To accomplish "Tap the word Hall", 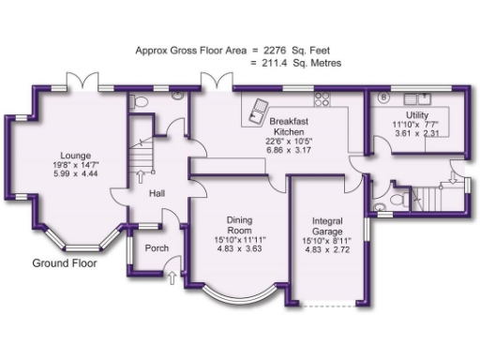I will [157, 194].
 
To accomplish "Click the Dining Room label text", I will [240, 226].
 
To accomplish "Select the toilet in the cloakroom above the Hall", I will [140, 100].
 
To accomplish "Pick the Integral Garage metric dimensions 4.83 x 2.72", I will [334, 250].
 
